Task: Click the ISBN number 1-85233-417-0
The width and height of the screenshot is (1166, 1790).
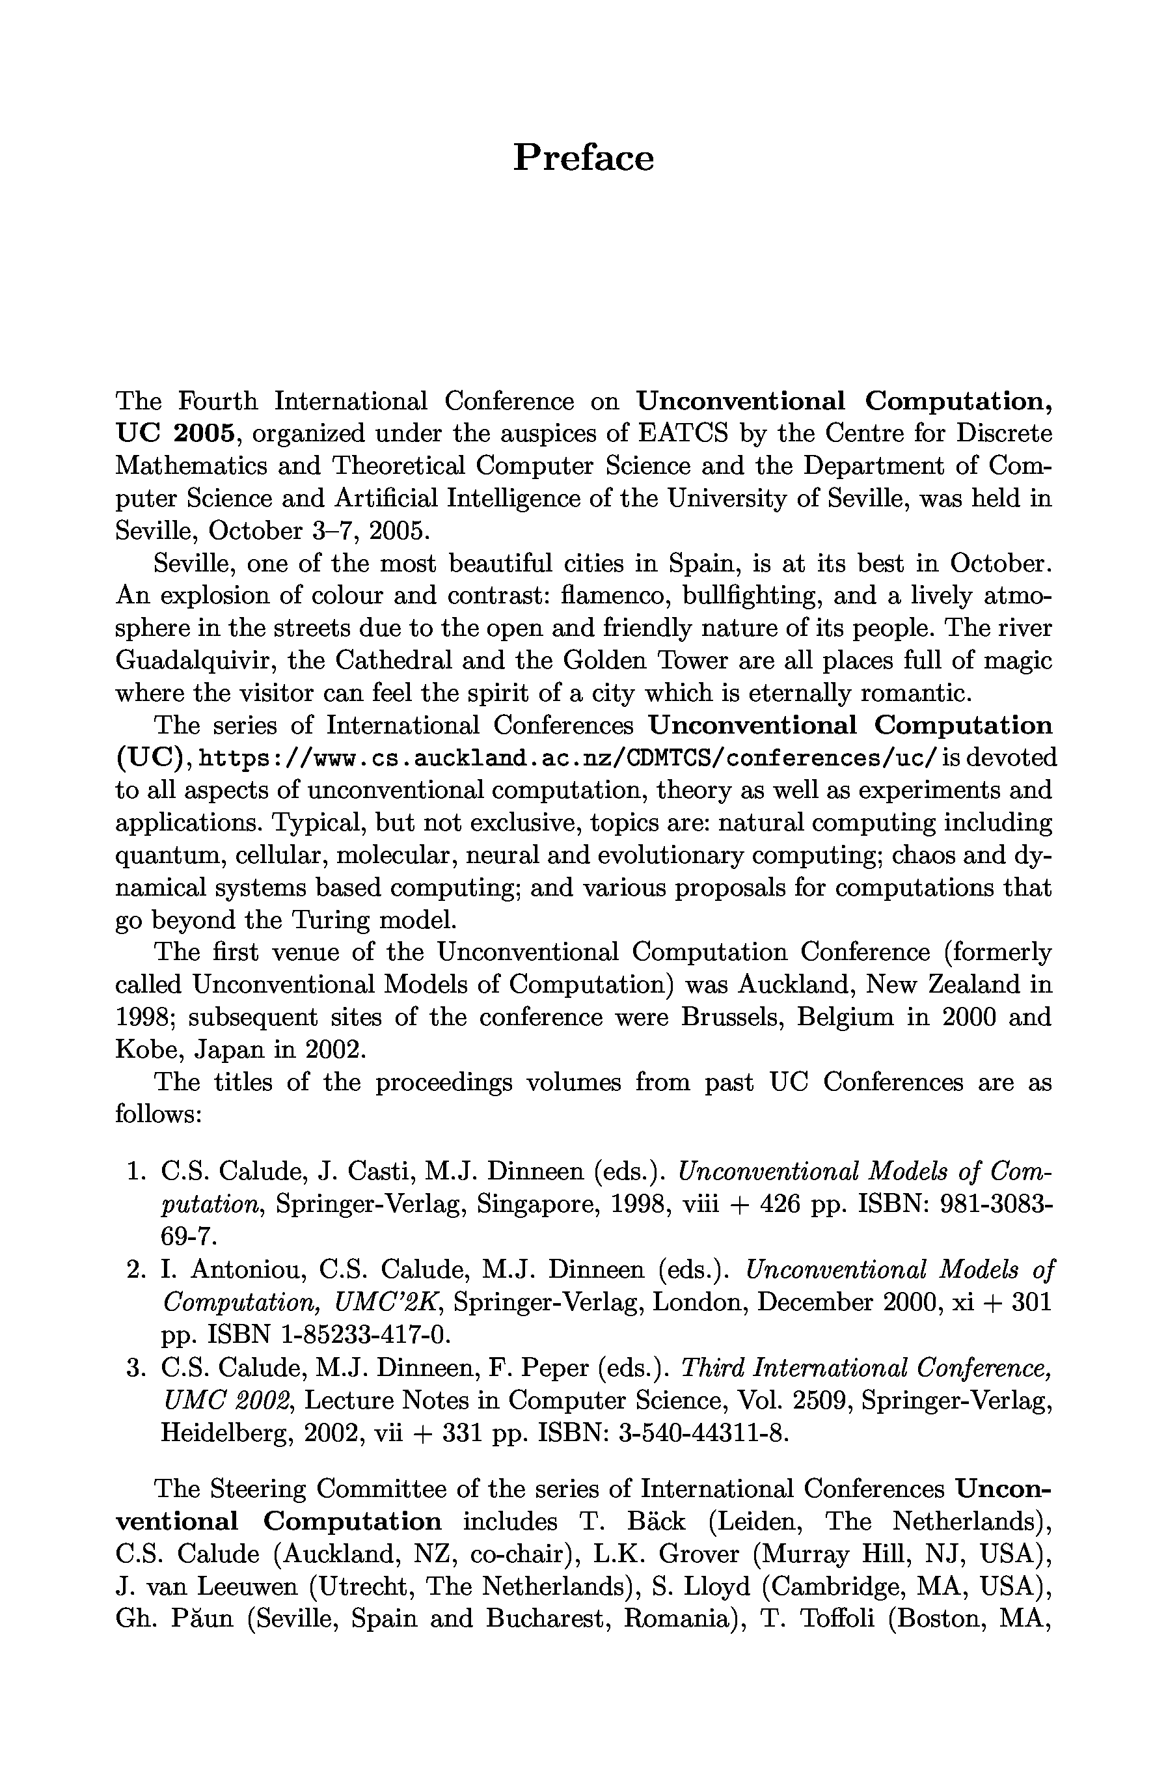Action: point(364,1335)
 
